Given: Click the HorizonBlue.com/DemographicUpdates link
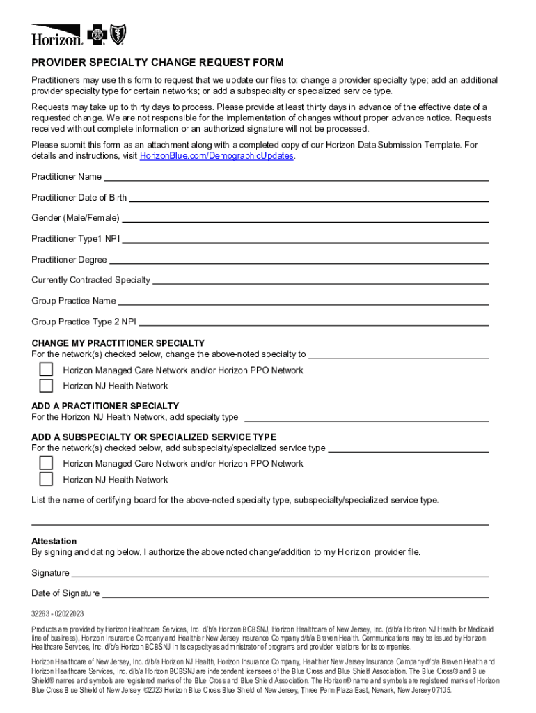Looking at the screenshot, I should click(x=216, y=156).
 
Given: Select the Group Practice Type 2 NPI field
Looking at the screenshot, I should click(x=313, y=322).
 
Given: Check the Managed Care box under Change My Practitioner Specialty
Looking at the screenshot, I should click(x=46, y=370).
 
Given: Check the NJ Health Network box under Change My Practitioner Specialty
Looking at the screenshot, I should click(x=46, y=386).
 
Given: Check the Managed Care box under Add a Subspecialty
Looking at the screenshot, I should click(x=46, y=463).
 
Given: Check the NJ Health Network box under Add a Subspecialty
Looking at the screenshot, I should click(x=46, y=479).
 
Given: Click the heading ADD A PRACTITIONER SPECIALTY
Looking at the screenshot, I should click(x=105, y=406).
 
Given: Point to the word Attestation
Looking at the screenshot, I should click(x=54, y=541).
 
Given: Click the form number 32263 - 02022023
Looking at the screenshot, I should click(x=58, y=613).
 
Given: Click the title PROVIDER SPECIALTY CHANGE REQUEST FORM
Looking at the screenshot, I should click(x=157, y=63).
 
